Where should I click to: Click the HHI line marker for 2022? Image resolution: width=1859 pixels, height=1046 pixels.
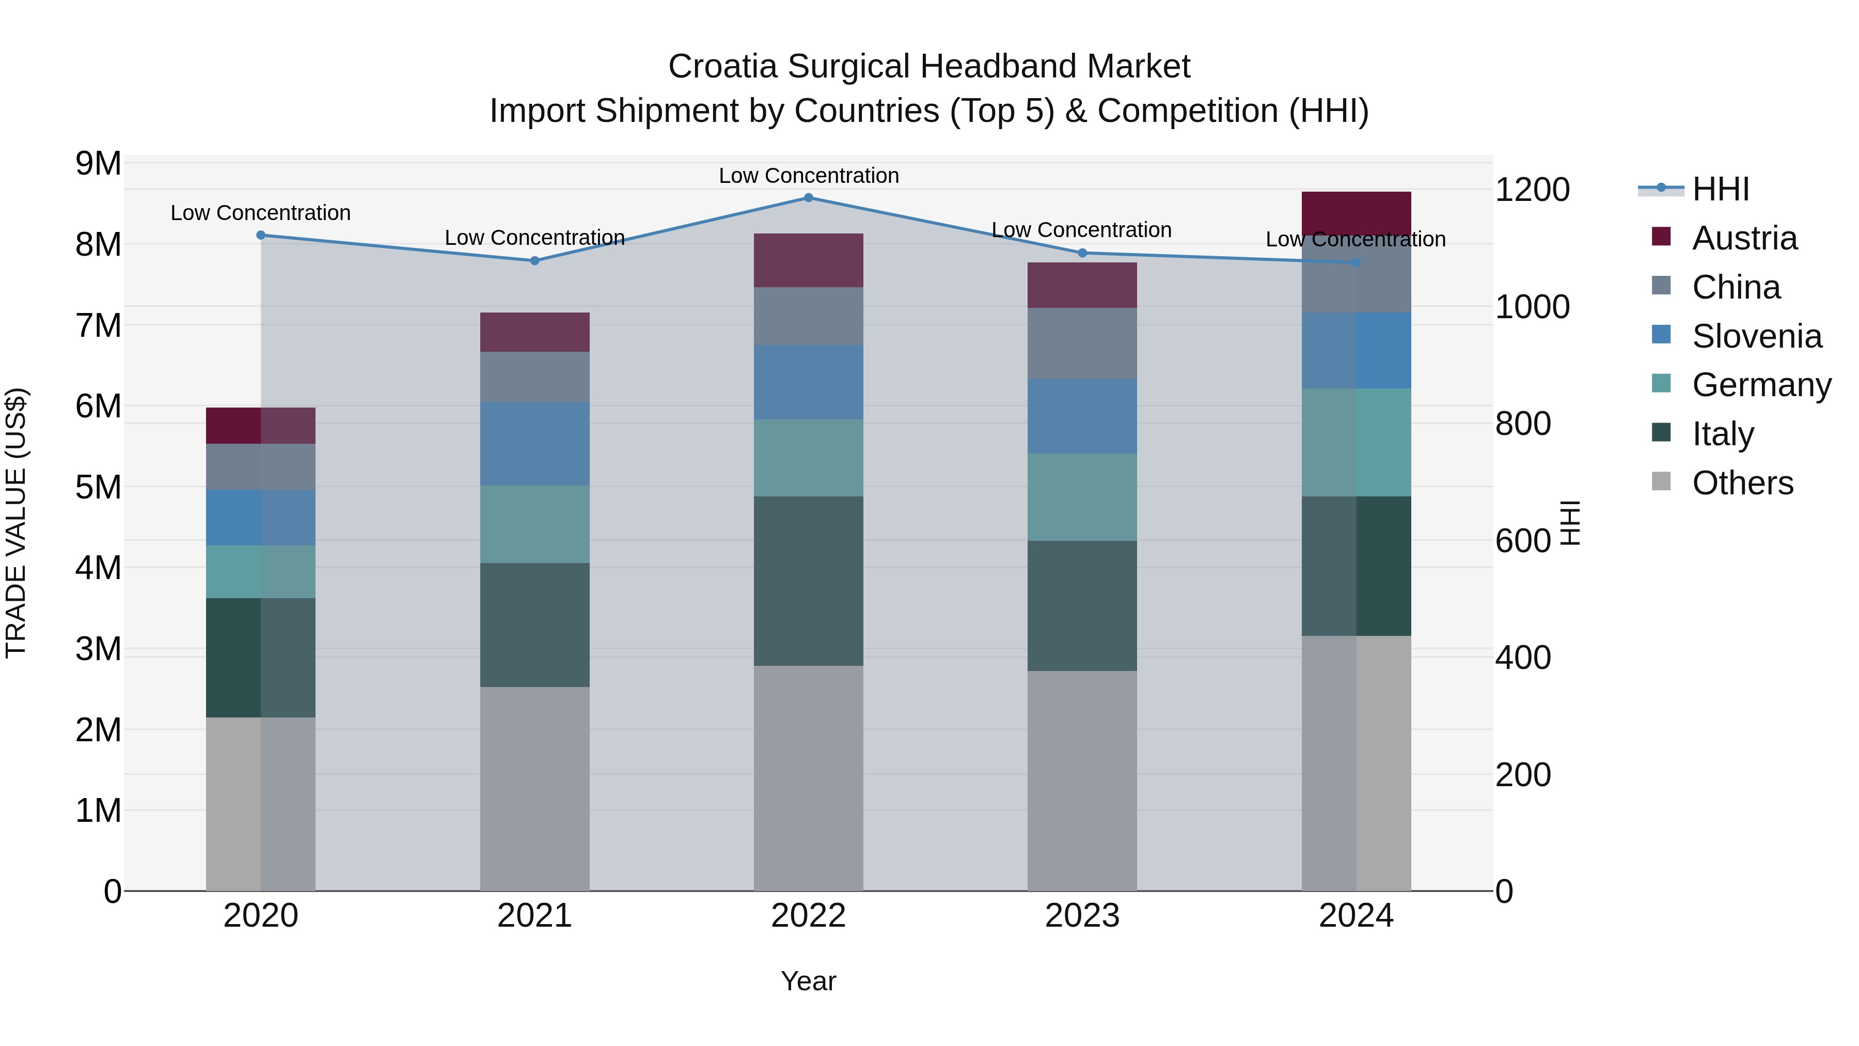coord(808,198)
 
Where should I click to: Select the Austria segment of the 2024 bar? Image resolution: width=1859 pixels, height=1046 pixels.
coord(1356,213)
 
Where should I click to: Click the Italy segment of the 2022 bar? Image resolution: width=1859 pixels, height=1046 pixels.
coord(808,581)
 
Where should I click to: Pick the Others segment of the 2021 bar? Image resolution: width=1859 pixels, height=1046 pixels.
coord(535,788)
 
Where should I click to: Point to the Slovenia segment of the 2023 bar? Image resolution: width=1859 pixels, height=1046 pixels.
coord(1082,416)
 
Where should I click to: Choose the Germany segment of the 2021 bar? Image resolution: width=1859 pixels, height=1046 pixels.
coord(535,524)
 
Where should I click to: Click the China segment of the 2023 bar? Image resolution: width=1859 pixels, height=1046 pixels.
coord(1082,343)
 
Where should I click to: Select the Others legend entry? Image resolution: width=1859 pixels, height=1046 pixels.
coord(1742,483)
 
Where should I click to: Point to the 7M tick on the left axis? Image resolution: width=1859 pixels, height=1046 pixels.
coord(98,325)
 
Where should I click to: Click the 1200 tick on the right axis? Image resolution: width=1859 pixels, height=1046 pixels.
coord(1532,190)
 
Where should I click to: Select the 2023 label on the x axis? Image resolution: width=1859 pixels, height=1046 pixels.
coord(1082,916)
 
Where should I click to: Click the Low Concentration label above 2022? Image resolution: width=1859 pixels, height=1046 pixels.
coord(808,176)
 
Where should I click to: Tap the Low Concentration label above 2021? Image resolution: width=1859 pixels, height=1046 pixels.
coord(535,238)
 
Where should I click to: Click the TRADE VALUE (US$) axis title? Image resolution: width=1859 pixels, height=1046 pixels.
coord(16,523)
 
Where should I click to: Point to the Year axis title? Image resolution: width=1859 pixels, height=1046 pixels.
coord(808,981)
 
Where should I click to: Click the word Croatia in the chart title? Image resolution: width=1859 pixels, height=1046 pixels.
coord(722,67)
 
